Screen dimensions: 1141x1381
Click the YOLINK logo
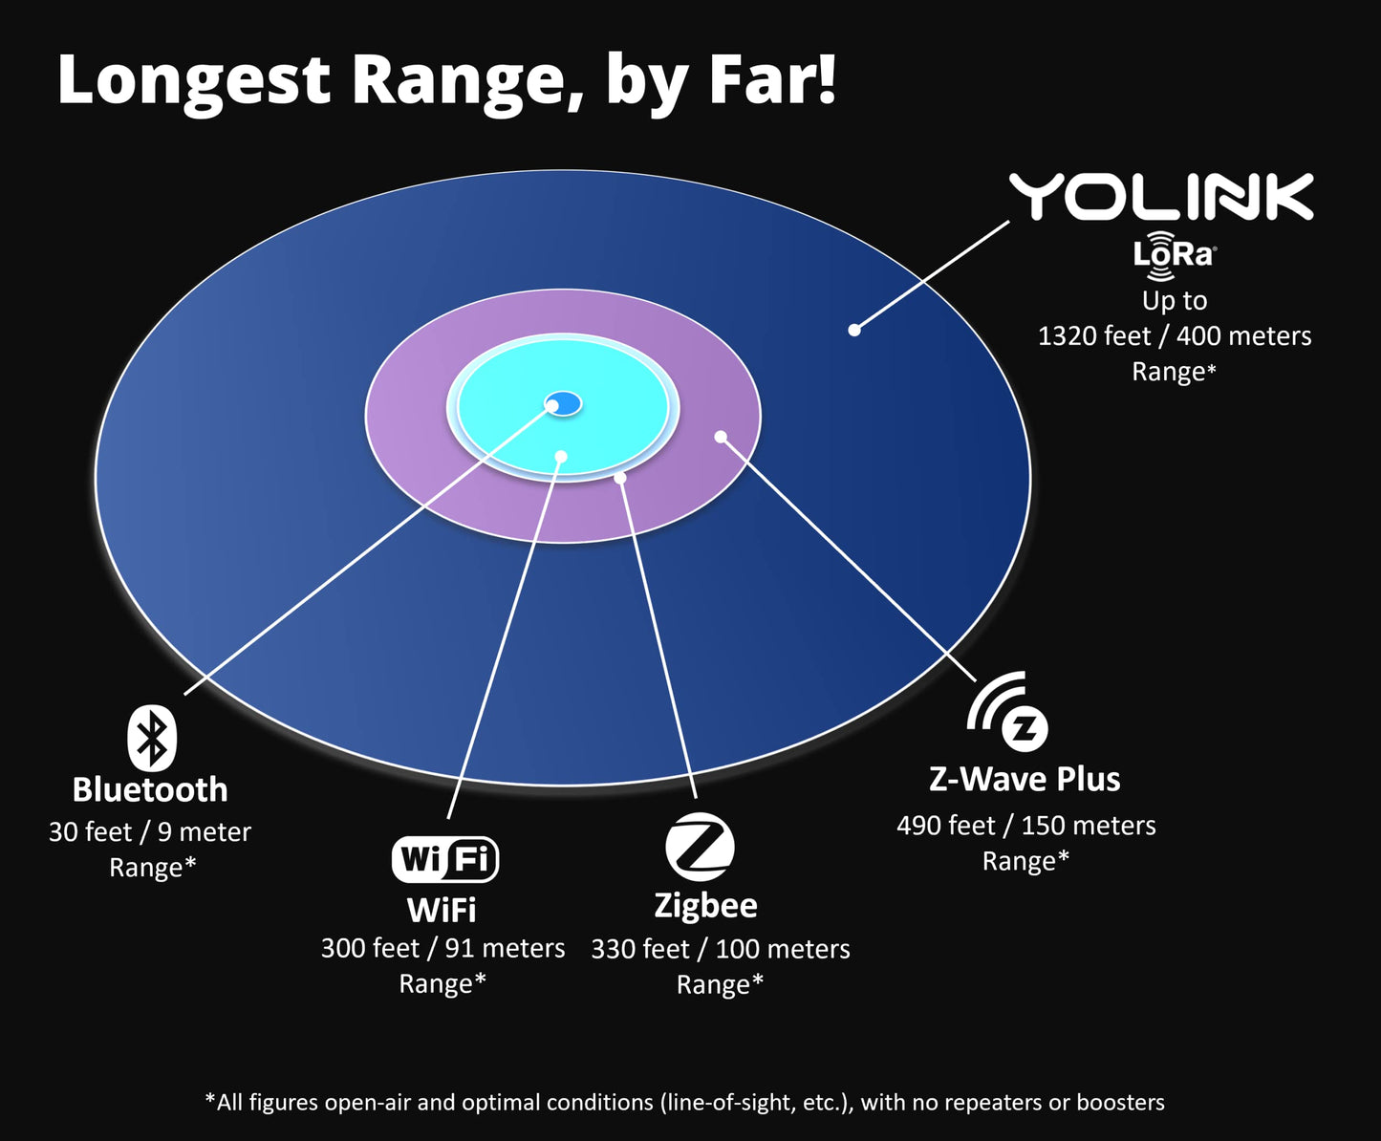(x=1161, y=197)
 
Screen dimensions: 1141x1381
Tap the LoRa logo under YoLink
(x=1174, y=255)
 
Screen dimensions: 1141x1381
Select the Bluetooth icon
(x=152, y=738)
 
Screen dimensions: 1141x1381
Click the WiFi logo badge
(x=444, y=858)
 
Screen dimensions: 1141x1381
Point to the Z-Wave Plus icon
(x=1009, y=713)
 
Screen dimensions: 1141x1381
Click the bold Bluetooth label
(x=150, y=790)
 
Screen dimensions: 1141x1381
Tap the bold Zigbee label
(x=705, y=905)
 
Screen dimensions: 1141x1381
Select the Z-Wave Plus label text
(x=1025, y=779)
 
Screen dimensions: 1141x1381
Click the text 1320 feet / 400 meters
(x=1175, y=336)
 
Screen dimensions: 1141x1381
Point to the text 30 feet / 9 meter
(x=150, y=832)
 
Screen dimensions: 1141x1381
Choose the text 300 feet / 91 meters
(x=442, y=948)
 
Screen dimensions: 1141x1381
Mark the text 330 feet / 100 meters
(x=720, y=949)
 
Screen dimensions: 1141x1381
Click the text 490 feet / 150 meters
(x=1025, y=826)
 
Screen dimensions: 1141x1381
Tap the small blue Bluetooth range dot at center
(x=564, y=403)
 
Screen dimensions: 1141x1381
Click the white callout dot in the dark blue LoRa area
(x=854, y=330)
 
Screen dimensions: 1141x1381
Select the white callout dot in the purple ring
(x=721, y=437)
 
